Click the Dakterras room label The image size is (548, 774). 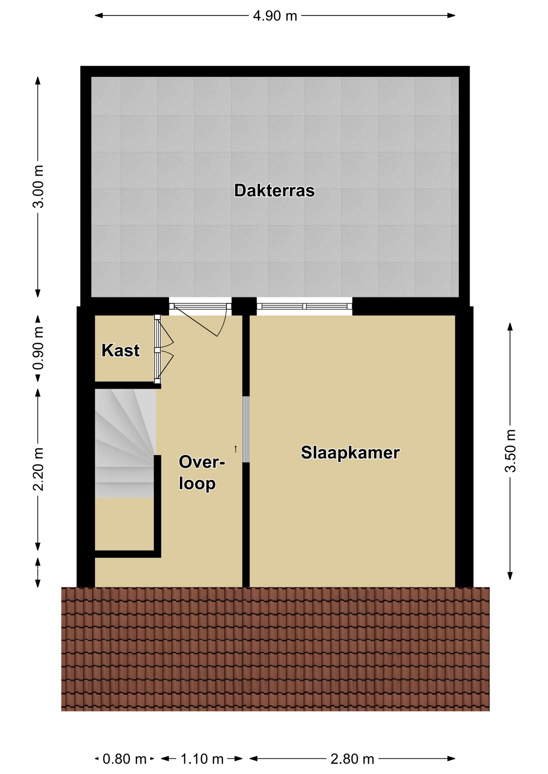pyautogui.click(x=274, y=191)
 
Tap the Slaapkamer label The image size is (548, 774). pyautogui.click(x=350, y=453)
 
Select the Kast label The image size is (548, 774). pyautogui.click(x=120, y=350)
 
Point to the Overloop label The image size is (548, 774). pyautogui.click(x=201, y=473)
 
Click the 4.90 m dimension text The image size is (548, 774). pyautogui.click(x=275, y=16)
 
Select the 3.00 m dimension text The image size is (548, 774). pyautogui.click(x=38, y=186)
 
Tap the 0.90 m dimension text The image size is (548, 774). pyautogui.click(x=38, y=348)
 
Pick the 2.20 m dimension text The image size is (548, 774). pyautogui.click(x=38, y=469)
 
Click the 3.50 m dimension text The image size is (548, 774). pyautogui.click(x=510, y=451)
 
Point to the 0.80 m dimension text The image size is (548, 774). pyautogui.click(x=124, y=759)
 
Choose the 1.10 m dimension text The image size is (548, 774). pyautogui.click(x=202, y=759)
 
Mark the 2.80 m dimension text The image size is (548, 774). pyautogui.click(x=352, y=759)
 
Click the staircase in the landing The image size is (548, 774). pyautogui.click(x=125, y=443)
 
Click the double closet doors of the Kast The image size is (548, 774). pyautogui.click(x=163, y=349)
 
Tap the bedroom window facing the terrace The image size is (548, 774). pyautogui.click(x=304, y=306)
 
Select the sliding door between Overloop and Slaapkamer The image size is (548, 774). pyautogui.click(x=246, y=429)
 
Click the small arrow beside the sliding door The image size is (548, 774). pyautogui.click(x=236, y=449)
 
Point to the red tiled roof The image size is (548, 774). pyautogui.click(x=275, y=649)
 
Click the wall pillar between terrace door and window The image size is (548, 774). pyautogui.click(x=244, y=306)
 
